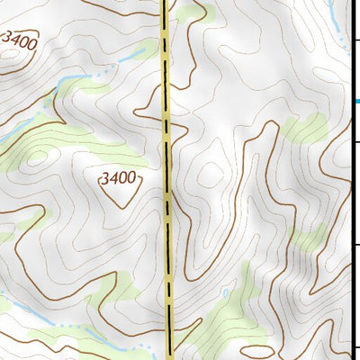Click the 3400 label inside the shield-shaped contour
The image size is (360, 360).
(x=119, y=179)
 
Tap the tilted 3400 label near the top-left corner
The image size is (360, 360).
(x=19, y=40)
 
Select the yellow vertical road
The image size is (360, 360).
(x=168, y=225)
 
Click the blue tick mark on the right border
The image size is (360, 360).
(x=355, y=101)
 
